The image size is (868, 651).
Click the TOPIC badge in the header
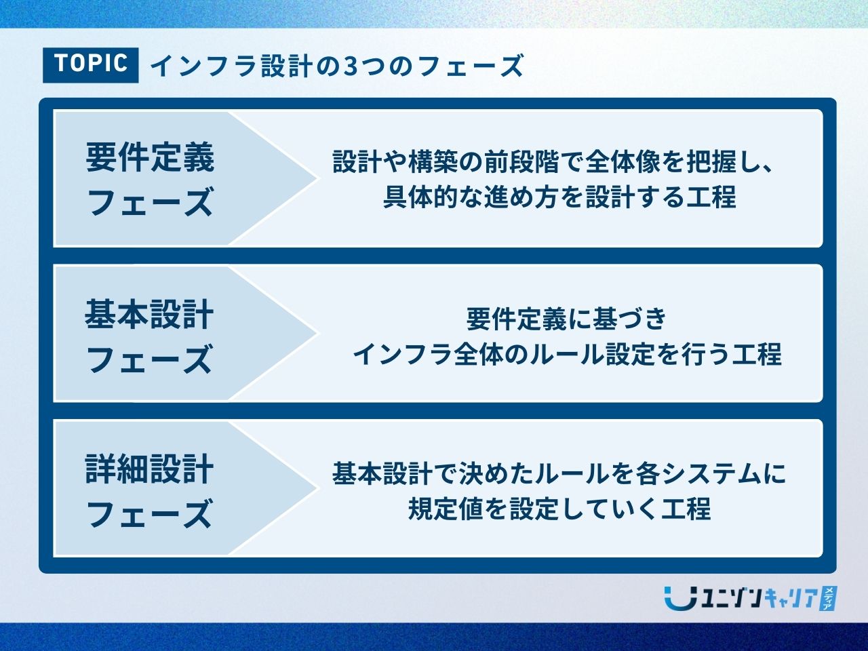pyautogui.click(x=91, y=65)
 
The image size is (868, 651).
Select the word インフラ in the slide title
pyautogui.click(x=203, y=66)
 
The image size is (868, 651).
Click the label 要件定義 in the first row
pyautogui.click(x=150, y=157)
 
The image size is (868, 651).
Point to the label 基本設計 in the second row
pyautogui.click(x=149, y=314)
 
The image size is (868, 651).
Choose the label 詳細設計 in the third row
pyautogui.click(x=149, y=469)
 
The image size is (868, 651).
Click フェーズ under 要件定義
pyautogui.click(x=150, y=201)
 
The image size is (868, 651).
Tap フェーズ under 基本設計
pyautogui.click(x=149, y=359)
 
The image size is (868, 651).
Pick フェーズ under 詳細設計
pyautogui.click(x=149, y=513)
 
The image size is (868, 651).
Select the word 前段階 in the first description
pyautogui.click(x=522, y=162)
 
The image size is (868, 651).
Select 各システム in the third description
pyautogui.click(x=694, y=473)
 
